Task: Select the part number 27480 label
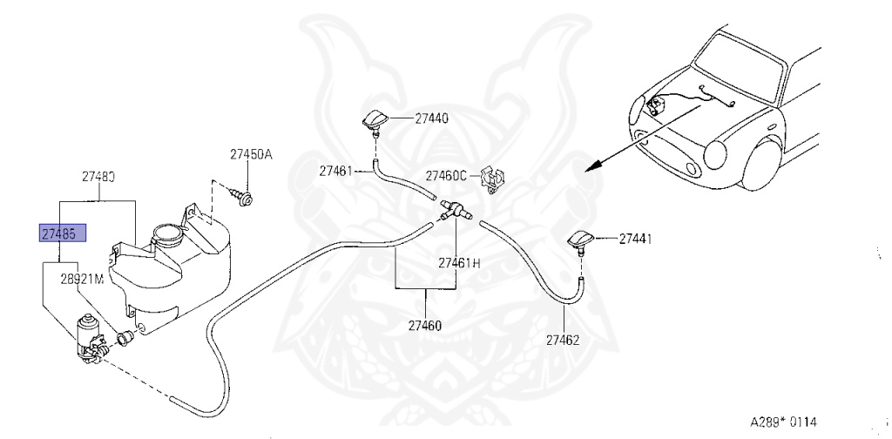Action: pos(98,176)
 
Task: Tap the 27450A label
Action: pos(251,155)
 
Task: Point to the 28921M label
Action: pos(82,280)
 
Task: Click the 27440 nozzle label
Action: pos(431,118)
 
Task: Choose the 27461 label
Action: pos(335,171)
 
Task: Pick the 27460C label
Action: pos(446,174)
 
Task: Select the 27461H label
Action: pos(459,262)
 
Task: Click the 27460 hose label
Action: pos(424,327)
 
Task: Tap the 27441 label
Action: pos(636,238)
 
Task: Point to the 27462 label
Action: pos(563,341)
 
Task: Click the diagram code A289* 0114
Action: pos(784,421)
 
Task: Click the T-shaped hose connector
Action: pos(454,210)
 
